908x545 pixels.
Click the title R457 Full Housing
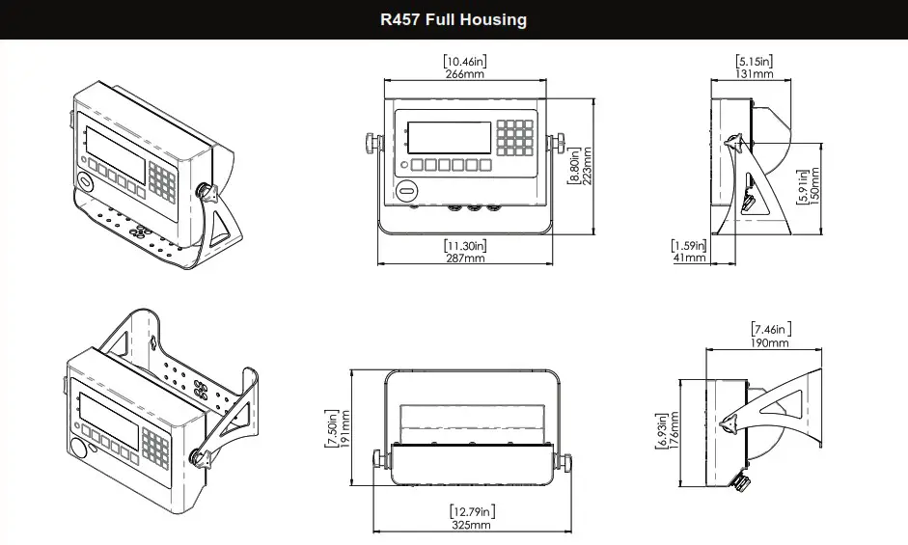pyautogui.click(x=454, y=19)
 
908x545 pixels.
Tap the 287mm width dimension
pyautogui.click(x=464, y=259)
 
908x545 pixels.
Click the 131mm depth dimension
pyautogui.click(x=754, y=74)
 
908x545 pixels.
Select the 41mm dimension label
pyautogui.click(x=689, y=259)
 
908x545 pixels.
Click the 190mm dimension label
pyautogui.click(x=769, y=342)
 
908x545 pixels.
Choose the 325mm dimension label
pyautogui.click(x=470, y=525)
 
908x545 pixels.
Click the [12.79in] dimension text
pyautogui.click(x=470, y=511)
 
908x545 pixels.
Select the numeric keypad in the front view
pyautogui.click(x=516, y=138)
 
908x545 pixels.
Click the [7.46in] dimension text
pyautogui.click(x=769, y=330)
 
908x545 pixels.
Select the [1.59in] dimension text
pyautogui.click(x=689, y=246)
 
